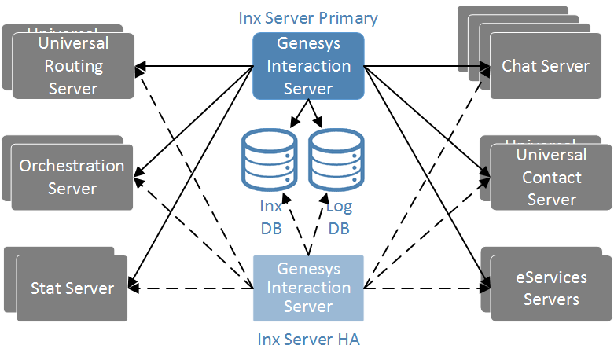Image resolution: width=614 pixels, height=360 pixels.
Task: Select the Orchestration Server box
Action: pyautogui.click(x=72, y=177)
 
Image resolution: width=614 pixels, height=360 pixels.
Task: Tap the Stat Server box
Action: pyautogui.click(x=72, y=288)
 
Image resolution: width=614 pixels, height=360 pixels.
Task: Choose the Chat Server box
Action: pyautogui.click(x=546, y=66)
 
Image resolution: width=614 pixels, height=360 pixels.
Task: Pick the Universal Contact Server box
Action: pyautogui.click(x=551, y=177)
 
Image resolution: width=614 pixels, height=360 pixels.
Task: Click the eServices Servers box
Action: pyautogui.click(x=551, y=288)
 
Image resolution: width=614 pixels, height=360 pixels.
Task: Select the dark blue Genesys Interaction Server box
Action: pyautogui.click(x=308, y=66)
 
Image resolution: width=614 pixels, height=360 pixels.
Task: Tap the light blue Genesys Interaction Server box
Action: pyautogui.click(x=308, y=288)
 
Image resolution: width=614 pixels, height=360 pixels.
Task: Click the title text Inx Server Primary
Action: pyautogui.click(x=308, y=17)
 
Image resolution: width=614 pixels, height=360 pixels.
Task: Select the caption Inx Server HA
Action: pyautogui.click(x=308, y=340)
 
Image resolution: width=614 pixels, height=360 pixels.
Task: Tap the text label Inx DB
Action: pyautogui.click(x=271, y=218)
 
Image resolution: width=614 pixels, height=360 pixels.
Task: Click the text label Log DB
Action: pyautogui.click(x=339, y=218)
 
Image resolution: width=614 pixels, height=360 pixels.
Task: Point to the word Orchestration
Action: pyautogui.click(x=72, y=166)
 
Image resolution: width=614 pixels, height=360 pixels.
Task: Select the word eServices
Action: pyautogui.click(x=551, y=277)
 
